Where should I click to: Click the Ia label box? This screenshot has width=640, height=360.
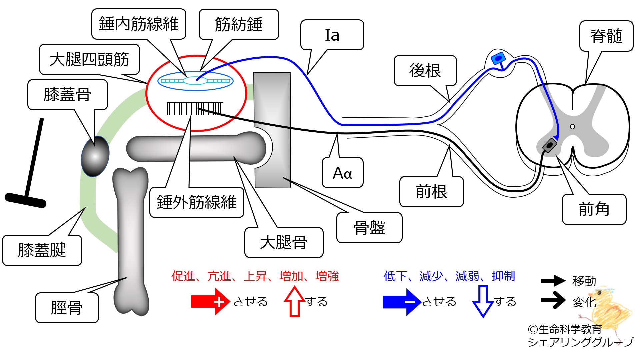pyautogui.click(x=332, y=35)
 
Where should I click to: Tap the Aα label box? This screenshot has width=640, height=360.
pyautogui.click(x=342, y=173)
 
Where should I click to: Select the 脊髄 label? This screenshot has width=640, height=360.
pyautogui.click(x=606, y=36)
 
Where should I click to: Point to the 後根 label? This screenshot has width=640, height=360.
pyautogui.click(x=425, y=71)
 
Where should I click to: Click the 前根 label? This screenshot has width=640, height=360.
pyautogui.click(x=431, y=192)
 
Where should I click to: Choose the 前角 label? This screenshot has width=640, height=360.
pyautogui.click(x=594, y=209)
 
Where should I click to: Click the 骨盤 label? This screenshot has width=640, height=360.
pyautogui.click(x=369, y=228)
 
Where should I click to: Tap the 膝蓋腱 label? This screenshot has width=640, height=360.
pyautogui.click(x=42, y=250)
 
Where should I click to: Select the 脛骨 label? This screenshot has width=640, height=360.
pyautogui.click(x=67, y=308)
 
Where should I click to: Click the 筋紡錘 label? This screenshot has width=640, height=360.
pyautogui.click(x=239, y=24)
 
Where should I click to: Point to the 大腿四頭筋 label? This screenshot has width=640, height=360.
pyautogui.click(x=89, y=59)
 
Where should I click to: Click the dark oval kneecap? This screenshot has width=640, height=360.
pyautogui.click(x=95, y=156)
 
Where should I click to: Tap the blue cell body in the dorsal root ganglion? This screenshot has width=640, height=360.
pyautogui.click(x=498, y=59)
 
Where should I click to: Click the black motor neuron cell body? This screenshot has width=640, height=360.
pyautogui.click(x=549, y=145)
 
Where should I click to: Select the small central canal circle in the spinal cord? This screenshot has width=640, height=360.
pyautogui.click(x=572, y=127)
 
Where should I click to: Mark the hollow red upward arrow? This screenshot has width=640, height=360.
pyautogui.click(x=295, y=302)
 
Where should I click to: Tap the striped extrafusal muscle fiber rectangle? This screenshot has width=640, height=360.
pyautogui.click(x=195, y=109)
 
